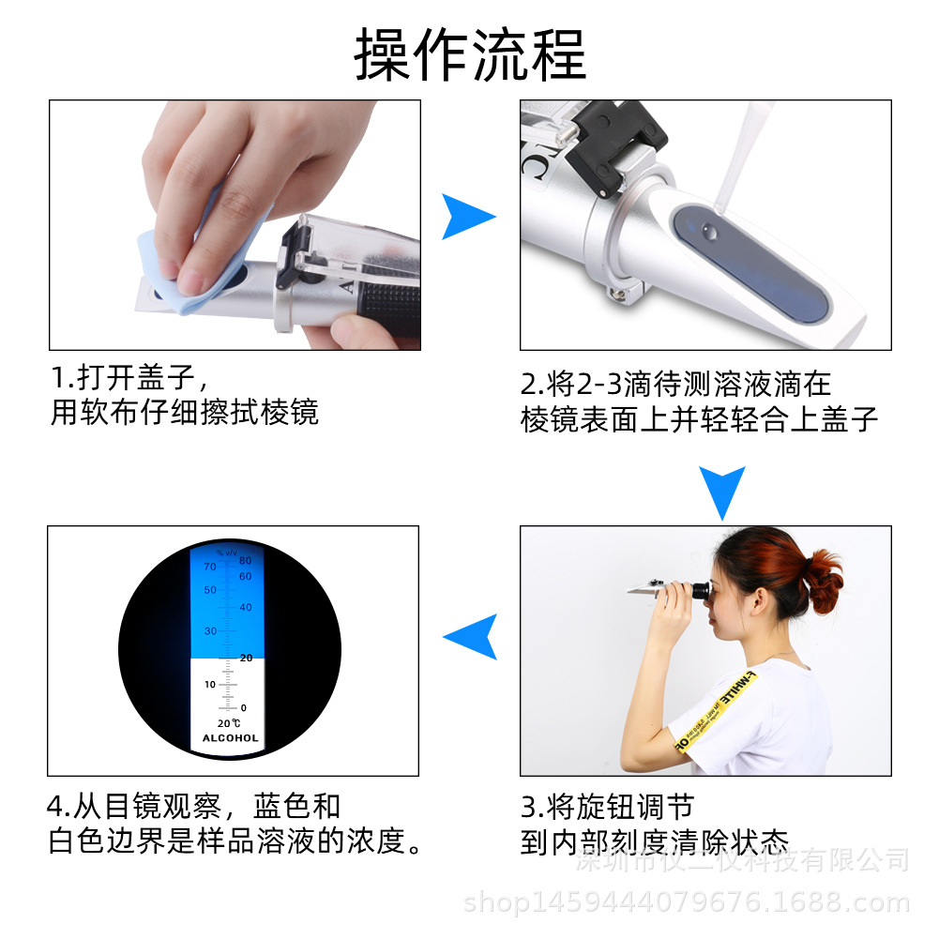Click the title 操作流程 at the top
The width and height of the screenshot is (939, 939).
coord(469,54)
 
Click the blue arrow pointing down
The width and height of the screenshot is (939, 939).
coord(722,491)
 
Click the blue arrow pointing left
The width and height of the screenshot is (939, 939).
coord(472,637)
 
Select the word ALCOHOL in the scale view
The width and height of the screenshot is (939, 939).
coord(230,738)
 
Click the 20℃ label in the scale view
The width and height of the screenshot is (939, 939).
coord(229,722)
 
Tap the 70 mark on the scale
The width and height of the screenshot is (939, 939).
coord(209,566)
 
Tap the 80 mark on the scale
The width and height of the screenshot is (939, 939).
coord(245,560)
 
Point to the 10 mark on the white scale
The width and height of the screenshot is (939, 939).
coord(210,684)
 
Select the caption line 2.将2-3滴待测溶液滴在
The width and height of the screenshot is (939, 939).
coord(675,384)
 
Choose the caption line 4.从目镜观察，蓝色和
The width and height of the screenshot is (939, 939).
coord(192,806)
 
